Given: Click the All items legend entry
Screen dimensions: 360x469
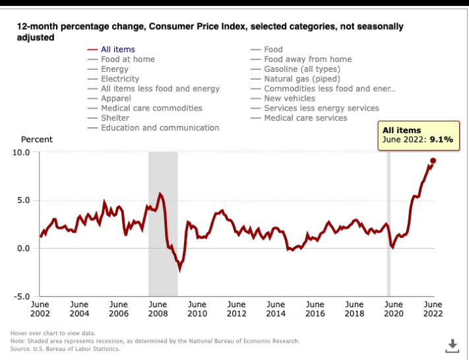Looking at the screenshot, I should coord(117,49).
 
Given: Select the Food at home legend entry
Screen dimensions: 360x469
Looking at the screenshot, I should coord(127,59).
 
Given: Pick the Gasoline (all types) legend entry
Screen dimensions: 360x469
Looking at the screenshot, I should coord(301,69).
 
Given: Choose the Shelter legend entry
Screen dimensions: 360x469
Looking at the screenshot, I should coord(115,118).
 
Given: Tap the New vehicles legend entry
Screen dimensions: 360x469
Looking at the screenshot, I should coord(290,98).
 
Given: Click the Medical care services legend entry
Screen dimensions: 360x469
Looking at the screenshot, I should coord(305,118).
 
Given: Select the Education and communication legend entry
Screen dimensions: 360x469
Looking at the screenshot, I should coord(160,128).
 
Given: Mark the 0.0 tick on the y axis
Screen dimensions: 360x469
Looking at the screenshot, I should coord(24,249).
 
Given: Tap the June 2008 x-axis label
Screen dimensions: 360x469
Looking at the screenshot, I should coord(158,309).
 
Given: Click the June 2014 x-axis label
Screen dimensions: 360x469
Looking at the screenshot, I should coord(276,309).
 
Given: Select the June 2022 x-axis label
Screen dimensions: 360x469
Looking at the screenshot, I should coord(433,309).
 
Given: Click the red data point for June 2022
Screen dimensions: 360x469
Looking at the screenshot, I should coord(433,160).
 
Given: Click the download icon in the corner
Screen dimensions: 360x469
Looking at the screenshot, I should coord(453,345).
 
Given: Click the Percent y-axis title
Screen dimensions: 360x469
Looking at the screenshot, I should coord(37,140).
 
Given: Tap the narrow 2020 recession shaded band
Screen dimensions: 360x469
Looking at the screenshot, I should coord(389,224).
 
